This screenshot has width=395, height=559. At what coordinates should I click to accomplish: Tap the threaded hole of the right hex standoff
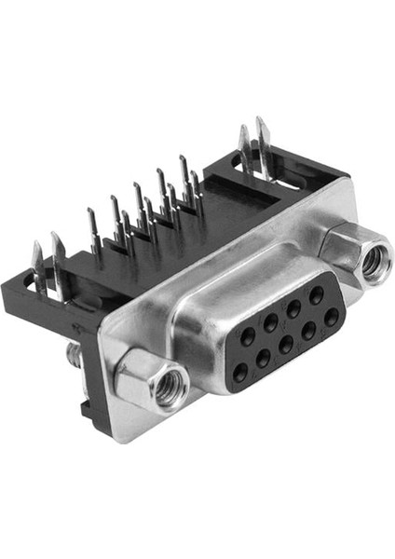click(x=375, y=264)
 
